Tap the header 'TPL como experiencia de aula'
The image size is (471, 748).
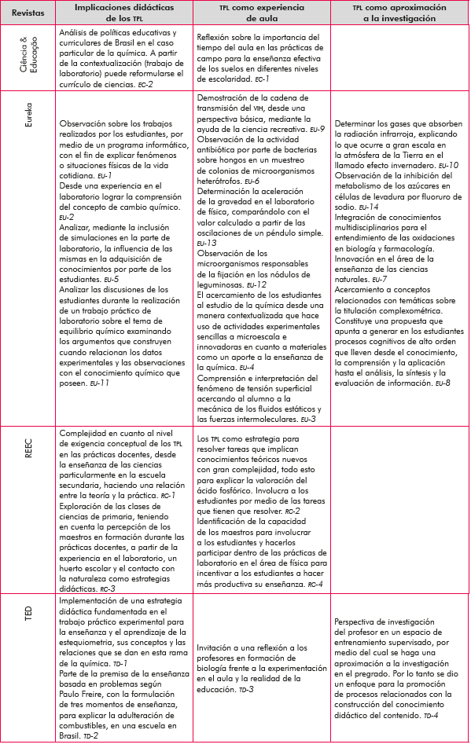point(259,13)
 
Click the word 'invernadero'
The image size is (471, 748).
point(397,167)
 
